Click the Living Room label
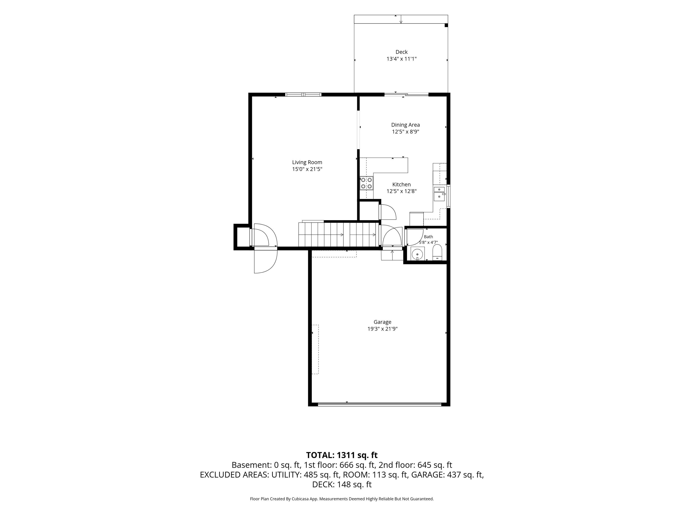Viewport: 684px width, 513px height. (x=307, y=162)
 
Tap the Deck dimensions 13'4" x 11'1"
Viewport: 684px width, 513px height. (x=401, y=59)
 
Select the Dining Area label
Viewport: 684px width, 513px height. (x=405, y=125)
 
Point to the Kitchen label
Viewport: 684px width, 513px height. (x=401, y=185)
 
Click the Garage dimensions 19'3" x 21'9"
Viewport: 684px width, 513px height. (x=382, y=329)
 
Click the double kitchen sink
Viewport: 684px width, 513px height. (x=439, y=193)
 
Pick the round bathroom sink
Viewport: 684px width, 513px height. (x=417, y=254)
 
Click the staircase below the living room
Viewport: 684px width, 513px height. (x=339, y=234)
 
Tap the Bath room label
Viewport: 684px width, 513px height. (x=428, y=237)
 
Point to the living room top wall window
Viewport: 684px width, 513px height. (x=303, y=95)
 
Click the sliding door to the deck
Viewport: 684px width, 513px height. (x=406, y=94)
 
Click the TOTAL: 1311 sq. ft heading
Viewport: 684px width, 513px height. (x=342, y=455)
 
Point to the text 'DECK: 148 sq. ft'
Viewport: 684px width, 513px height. (x=342, y=484)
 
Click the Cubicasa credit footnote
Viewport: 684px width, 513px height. (x=342, y=499)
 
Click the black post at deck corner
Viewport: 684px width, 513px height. (x=446, y=25)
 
